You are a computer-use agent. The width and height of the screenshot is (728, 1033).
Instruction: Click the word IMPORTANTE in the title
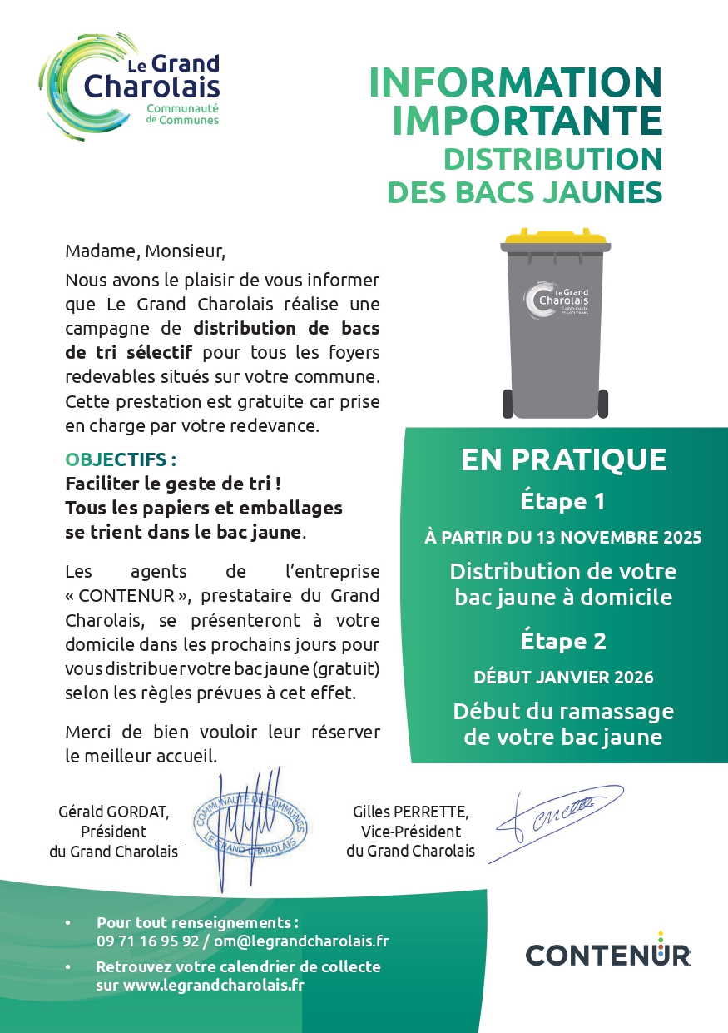pos(527,120)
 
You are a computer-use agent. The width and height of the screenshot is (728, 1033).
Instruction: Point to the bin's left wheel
pos(508,404)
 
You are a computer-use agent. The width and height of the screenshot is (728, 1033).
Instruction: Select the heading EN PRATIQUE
pos(563,459)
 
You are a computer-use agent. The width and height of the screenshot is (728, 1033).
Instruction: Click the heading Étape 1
pos(562,502)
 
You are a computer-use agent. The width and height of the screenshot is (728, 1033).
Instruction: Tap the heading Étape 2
pos(562,641)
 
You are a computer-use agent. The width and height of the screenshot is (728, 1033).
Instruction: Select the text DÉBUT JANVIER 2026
pos(563,677)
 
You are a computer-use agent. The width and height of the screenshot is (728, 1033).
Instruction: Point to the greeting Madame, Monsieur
pos(146,251)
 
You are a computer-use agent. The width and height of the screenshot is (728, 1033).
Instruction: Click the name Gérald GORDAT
pos(114,812)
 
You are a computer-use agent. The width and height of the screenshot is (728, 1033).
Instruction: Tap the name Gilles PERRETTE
pos(410,812)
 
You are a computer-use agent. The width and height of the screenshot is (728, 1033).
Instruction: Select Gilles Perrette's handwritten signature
pos(559,814)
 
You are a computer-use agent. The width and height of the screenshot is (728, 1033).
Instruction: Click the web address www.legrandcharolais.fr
pos(214,985)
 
